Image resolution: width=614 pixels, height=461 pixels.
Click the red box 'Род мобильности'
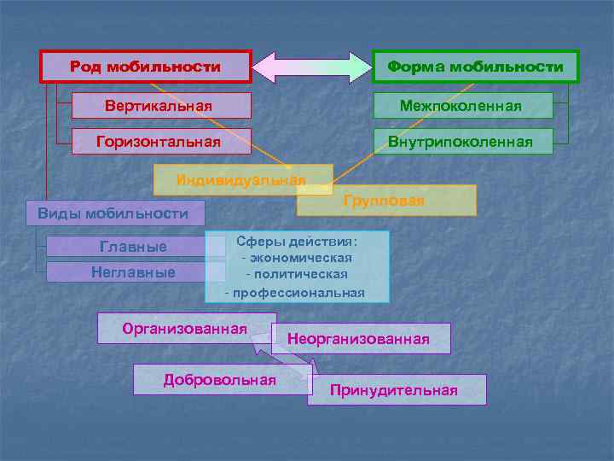pyautogui.click(x=146, y=67)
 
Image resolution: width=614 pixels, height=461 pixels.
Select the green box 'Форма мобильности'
pyautogui.click(x=475, y=67)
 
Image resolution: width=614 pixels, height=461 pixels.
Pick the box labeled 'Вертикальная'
pyautogui.click(x=160, y=105)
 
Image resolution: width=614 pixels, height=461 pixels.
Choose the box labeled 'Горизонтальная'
pyautogui.click(x=160, y=141)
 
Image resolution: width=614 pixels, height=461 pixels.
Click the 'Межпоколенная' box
pyautogui.click(x=461, y=105)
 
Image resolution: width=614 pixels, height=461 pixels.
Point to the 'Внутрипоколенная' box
pyautogui.click(x=461, y=141)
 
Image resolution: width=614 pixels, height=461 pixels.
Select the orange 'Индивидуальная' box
pyautogui.click(x=241, y=180)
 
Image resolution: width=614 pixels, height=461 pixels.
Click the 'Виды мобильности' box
pyautogui.click(x=113, y=213)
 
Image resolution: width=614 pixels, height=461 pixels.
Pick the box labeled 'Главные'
pyautogui.click(x=133, y=247)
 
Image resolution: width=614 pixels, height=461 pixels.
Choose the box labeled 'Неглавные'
pyautogui.click(x=133, y=272)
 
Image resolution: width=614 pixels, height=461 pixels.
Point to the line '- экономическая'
pyautogui.click(x=297, y=258)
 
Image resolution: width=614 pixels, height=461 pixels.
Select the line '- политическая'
pyautogui.click(x=297, y=274)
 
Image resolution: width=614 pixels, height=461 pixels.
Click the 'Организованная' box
pyautogui.click(x=183, y=328)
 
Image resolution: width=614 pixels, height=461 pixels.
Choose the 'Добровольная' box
pyautogui.click(x=219, y=379)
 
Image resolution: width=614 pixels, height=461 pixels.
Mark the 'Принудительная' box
pyautogui.click(x=394, y=390)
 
